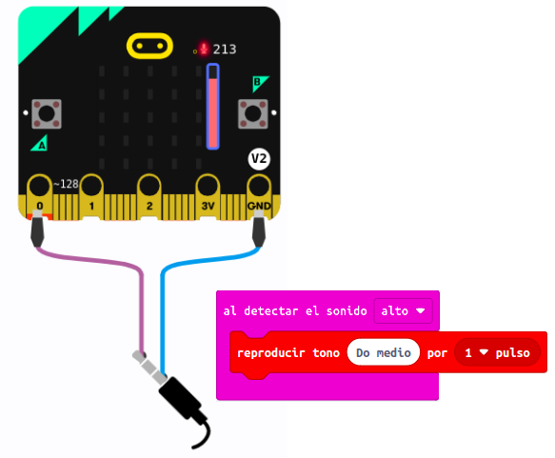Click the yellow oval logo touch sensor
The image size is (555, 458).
tap(150, 47)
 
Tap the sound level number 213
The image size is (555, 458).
tap(225, 49)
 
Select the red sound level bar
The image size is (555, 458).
tap(213, 109)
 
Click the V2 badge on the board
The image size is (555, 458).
tap(258, 159)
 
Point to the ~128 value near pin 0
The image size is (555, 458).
tap(66, 184)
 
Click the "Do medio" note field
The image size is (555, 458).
tap(384, 353)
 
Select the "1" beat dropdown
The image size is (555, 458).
tap(477, 353)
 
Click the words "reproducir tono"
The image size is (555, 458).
tap(288, 353)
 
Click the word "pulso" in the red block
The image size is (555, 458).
tap(512, 353)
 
